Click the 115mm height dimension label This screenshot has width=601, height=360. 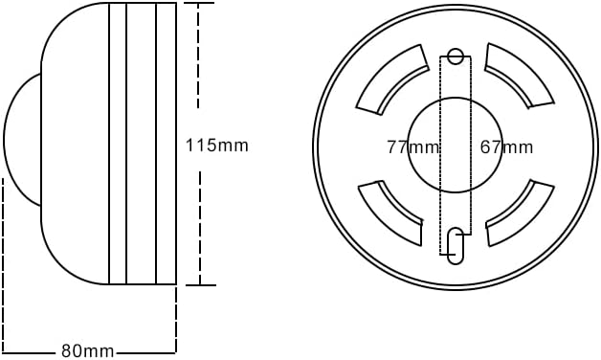216,146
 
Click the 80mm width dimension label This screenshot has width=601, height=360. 87,350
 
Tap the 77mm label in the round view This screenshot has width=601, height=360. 413,146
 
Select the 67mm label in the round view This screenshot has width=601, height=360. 506,146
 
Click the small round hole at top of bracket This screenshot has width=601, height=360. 456,56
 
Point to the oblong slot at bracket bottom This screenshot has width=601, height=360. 456,245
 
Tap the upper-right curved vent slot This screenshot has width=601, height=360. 520,76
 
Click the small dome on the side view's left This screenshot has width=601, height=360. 22,140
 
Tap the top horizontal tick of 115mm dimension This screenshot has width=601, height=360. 199,4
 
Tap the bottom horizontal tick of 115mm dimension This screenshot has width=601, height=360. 200,284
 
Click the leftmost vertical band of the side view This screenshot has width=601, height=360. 118,144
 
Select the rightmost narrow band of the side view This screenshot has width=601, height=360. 167,144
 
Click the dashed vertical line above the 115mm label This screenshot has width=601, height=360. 199,67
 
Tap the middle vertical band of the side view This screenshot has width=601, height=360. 142,144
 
